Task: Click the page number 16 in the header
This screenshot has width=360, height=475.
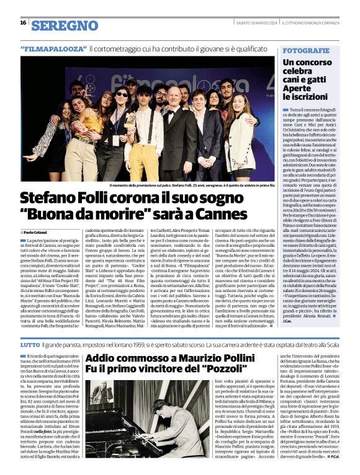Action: click(23, 23)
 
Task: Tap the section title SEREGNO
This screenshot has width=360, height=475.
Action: click(65, 25)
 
